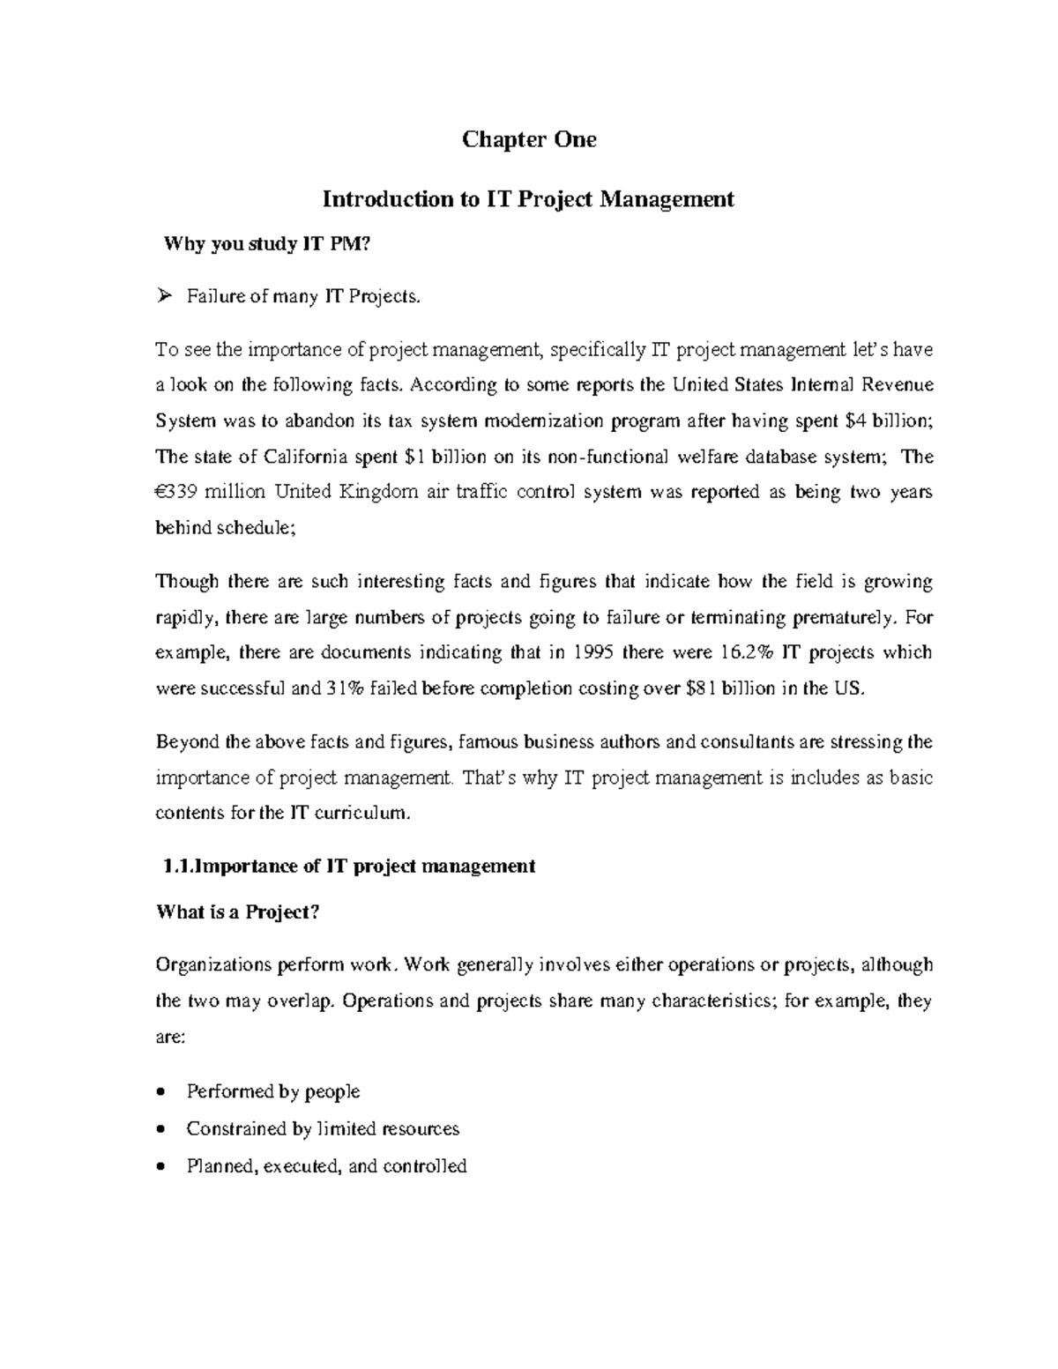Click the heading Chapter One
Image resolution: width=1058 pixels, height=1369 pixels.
pyautogui.click(x=529, y=140)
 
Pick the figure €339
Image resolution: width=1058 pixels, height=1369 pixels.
pyautogui.click(x=179, y=492)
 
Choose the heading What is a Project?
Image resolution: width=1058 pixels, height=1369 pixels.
pyautogui.click(x=237, y=912)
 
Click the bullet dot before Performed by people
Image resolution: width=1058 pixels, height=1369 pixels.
pyautogui.click(x=160, y=1092)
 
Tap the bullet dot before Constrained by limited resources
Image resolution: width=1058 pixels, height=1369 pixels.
pyautogui.click(x=160, y=1129)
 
